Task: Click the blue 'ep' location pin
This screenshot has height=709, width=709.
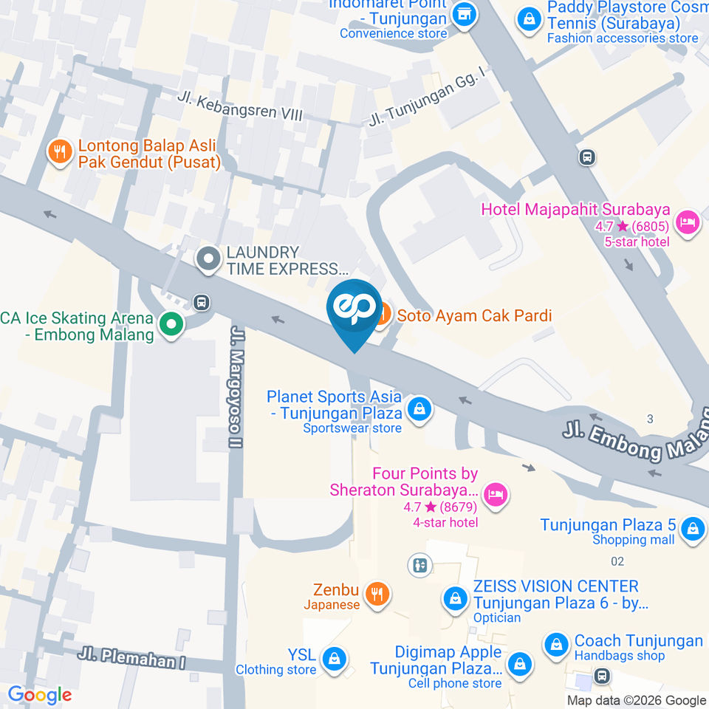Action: click(x=354, y=310)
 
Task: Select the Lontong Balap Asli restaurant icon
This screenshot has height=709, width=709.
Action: click(x=59, y=152)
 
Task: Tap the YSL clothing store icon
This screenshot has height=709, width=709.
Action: click(x=335, y=657)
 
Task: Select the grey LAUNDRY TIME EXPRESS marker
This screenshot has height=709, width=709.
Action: click(x=209, y=259)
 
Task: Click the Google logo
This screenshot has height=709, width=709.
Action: click(x=40, y=694)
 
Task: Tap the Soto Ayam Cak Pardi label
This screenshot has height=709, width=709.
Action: click(x=474, y=316)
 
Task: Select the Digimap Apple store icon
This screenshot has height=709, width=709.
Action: click(x=521, y=662)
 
